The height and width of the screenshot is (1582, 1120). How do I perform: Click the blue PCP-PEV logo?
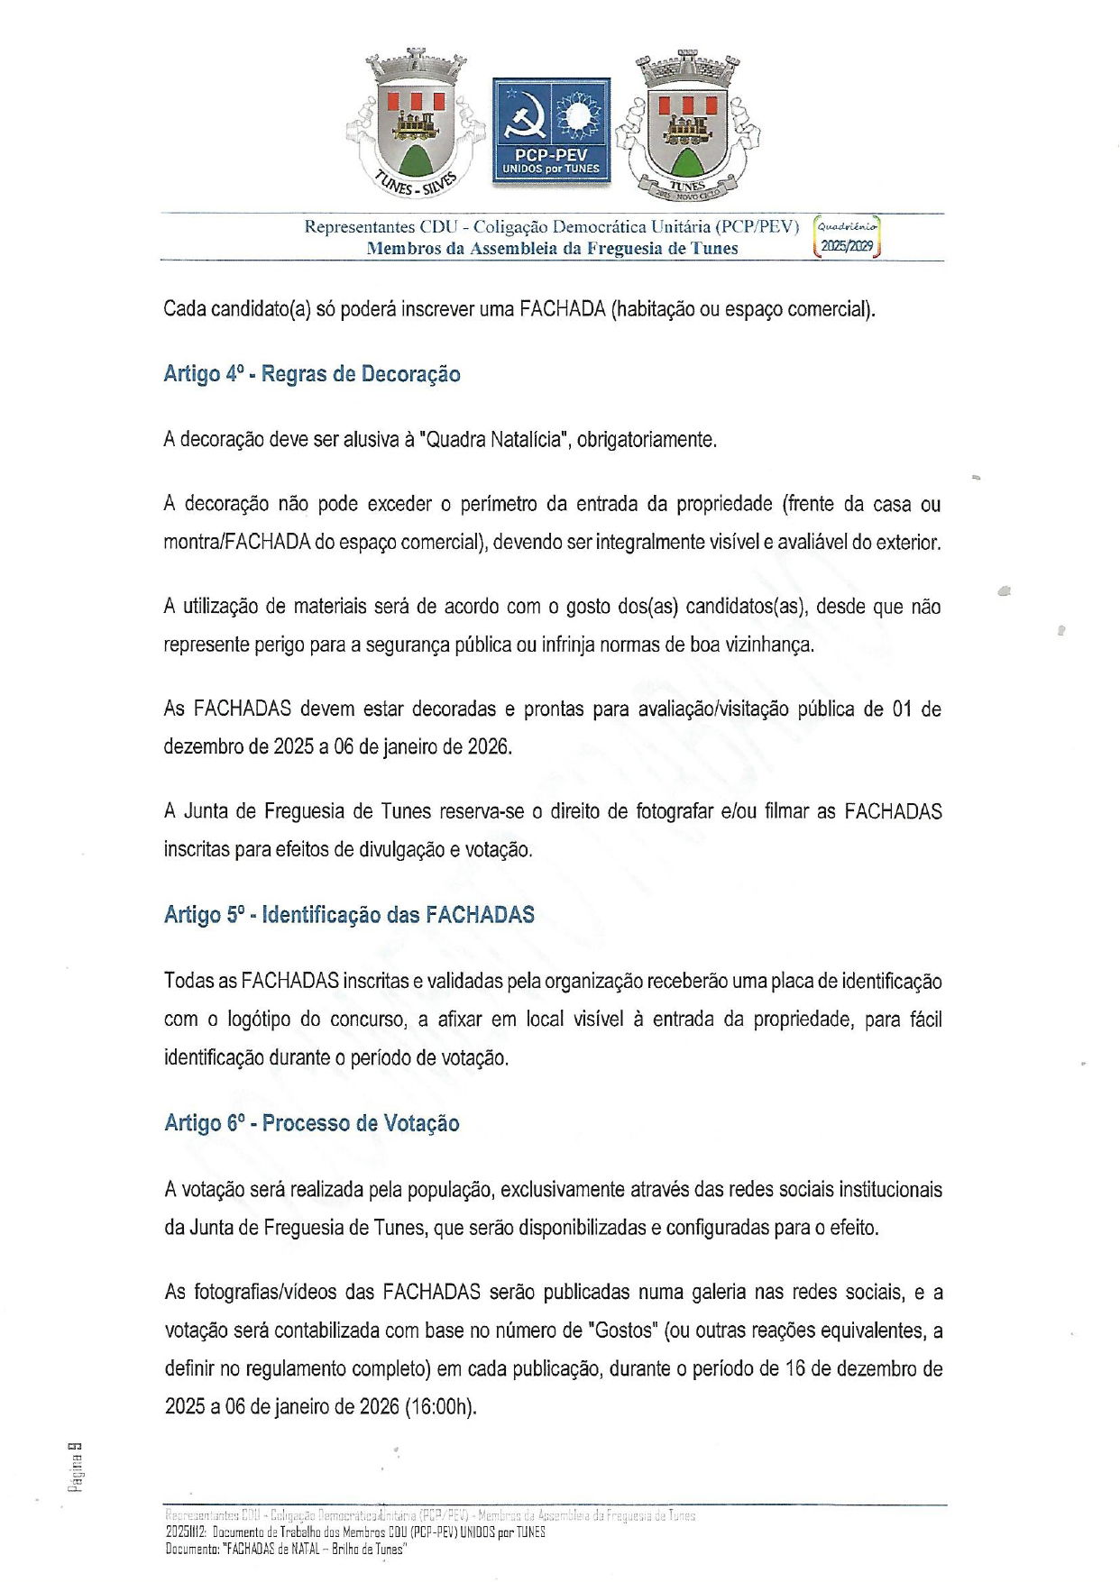(x=551, y=132)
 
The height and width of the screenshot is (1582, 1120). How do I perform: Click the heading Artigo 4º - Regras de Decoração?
(x=312, y=374)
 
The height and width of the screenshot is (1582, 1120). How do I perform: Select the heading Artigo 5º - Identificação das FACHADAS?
(x=349, y=915)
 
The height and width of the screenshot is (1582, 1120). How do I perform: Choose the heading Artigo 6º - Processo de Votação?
(x=312, y=1123)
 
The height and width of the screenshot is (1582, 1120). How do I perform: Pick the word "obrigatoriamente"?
(x=647, y=440)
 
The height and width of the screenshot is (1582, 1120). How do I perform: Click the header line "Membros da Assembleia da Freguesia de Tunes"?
(x=552, y=249)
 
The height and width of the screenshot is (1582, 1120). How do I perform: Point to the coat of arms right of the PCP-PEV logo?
(x=687, y=126)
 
